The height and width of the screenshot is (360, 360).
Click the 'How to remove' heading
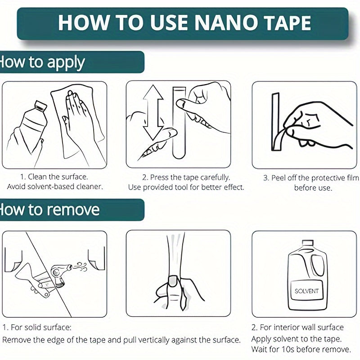tap(50, 210)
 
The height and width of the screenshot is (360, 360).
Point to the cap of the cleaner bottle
tap(41, 105)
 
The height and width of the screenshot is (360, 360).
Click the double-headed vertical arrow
tap(153, 113)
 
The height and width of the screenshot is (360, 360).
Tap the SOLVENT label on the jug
tap(306, 291)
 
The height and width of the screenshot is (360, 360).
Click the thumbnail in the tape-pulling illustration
tap(173, 281)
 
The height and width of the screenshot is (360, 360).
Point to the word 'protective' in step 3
tap(325, 178)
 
